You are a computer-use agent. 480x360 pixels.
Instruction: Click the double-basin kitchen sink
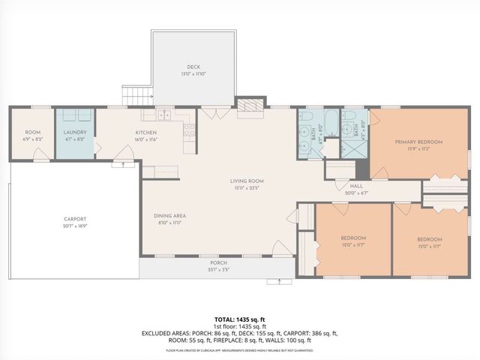(x=163, y=115)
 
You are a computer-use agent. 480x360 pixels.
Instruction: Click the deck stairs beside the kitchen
(x=136, y=94)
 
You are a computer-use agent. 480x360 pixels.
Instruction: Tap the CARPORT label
(x=75, y=219)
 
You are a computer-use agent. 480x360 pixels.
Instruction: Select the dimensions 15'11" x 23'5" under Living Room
(x=247, y=187)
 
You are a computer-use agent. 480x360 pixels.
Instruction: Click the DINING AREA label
(x=169, y=216)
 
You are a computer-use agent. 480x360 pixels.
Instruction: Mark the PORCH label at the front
(x=218, y=262)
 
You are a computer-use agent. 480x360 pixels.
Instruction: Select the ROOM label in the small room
(x=32, y=133)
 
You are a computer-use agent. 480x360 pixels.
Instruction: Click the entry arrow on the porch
(x=279, y=282)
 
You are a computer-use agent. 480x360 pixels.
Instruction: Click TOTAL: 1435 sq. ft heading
(x=239, y=319)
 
